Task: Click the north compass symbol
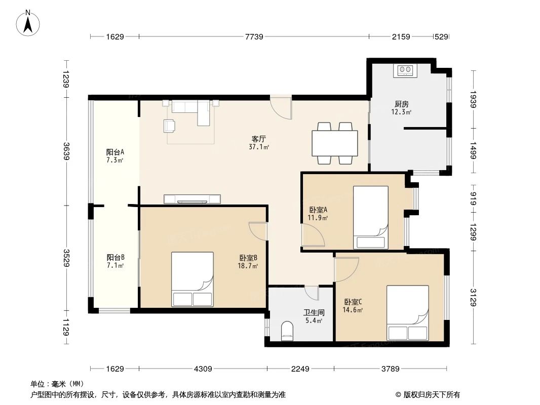coord(29,23)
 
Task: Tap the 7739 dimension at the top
coord(254,36)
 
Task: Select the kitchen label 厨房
coord(401,104)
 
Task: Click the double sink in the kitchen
coord(406,70)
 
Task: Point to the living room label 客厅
coord(259,139)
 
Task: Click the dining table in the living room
coord(335,143)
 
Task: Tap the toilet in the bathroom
coord(287,331)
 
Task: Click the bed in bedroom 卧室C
coord(407,313)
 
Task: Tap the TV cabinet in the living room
coord(192,199)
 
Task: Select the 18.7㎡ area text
coord(249,266)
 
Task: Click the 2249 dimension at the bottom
coord(300,369)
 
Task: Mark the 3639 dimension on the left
coord(66,152)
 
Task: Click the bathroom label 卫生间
coord(314,313)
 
